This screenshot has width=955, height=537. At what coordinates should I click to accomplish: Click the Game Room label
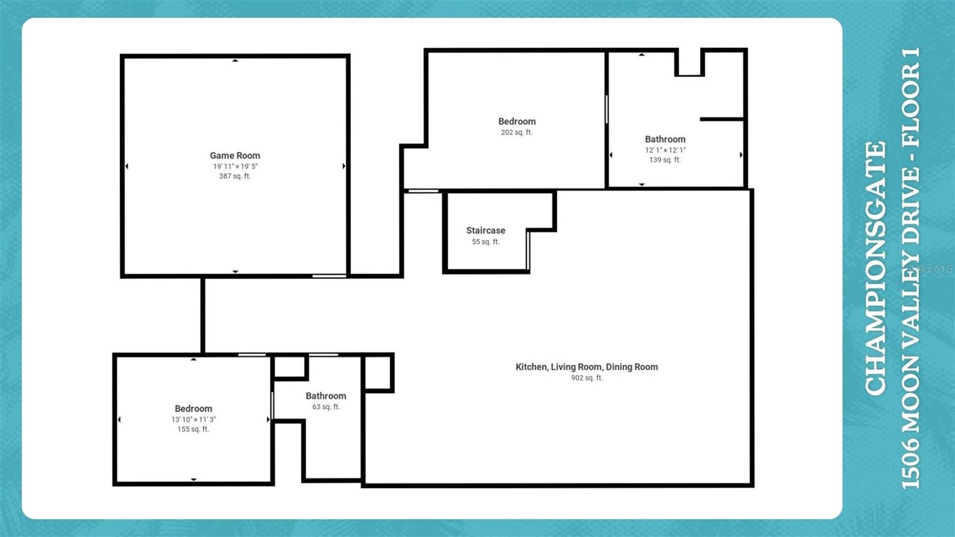coord(235,155)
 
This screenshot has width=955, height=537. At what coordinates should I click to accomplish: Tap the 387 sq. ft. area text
coord(235,176)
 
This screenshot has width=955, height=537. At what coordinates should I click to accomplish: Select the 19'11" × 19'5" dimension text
coord(235,166)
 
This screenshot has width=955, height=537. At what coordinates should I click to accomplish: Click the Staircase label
coord(485,231)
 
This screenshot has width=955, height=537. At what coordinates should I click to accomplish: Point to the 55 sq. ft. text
coord(485,242)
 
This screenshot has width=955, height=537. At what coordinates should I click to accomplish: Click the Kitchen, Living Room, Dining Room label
coord(587,367)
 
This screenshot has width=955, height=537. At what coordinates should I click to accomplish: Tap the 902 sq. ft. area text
coord(587,378)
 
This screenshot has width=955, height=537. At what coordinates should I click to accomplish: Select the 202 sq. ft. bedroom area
coord(516,133)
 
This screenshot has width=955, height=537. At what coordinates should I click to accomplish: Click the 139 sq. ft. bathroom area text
coord(665,160)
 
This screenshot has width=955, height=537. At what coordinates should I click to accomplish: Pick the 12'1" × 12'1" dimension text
coord(665,150)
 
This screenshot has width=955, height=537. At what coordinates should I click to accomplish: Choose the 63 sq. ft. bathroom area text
coord(326,407)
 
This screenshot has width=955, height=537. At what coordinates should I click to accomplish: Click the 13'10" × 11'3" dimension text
coord(193,419)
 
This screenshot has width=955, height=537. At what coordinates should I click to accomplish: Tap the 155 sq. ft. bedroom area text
coord(193,429)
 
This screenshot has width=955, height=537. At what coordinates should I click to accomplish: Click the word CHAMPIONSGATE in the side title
coord(876,268)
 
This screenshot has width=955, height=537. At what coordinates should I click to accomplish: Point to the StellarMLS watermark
coord(931,269)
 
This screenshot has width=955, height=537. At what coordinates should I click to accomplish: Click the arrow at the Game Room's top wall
coord(235,60)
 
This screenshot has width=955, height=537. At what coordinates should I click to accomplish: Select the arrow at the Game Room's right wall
coord(344,166)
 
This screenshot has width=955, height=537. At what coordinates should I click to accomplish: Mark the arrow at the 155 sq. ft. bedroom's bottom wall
coord(193,479)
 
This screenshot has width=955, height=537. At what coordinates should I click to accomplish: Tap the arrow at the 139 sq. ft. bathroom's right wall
coord(741,155)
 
